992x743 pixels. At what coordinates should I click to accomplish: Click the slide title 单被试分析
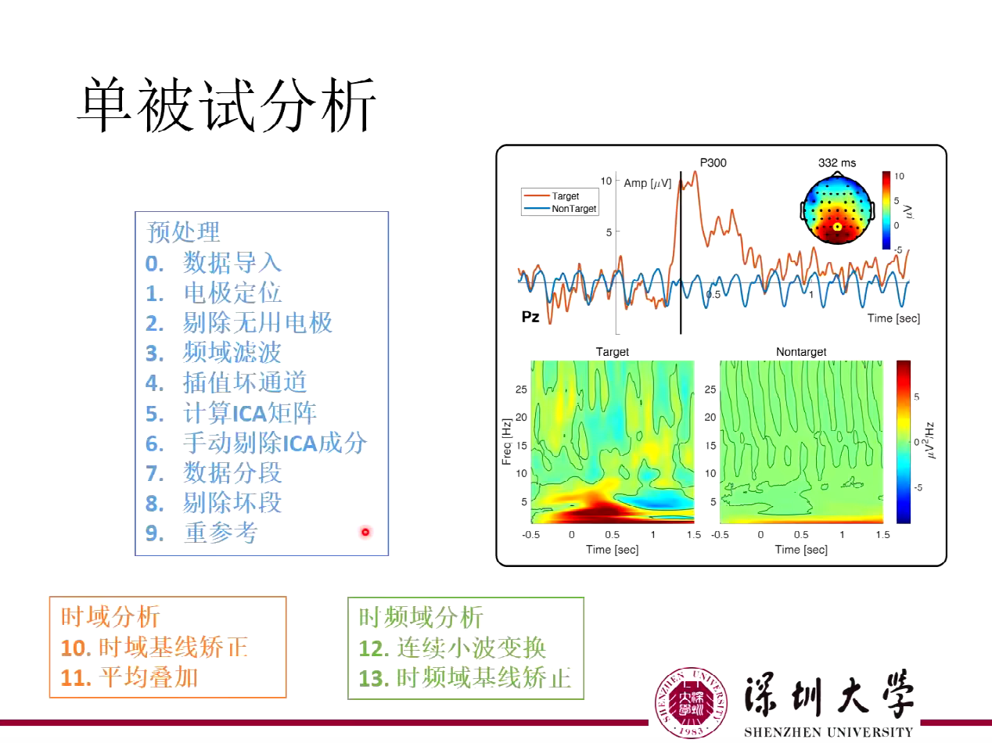click(227, 105)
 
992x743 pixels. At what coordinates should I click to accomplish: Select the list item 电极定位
click(232, 293)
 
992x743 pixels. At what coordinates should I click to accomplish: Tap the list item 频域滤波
click(232, 353)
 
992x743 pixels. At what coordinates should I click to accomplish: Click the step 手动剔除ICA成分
click(275, 443)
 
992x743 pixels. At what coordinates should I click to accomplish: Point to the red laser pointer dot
click(365, 533)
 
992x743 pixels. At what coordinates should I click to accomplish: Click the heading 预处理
click(184, 232)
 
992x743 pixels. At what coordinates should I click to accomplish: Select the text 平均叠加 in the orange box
click(149, 677)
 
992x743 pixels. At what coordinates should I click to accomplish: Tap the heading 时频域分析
click(421, 617)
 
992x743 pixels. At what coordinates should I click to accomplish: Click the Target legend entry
click(565, 196)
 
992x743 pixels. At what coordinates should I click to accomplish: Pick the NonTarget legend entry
click(573, 209)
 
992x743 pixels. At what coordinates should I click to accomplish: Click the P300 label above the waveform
click(713, 163)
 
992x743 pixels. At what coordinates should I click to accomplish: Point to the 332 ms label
click(837, 163)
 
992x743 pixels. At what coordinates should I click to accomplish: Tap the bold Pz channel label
click(530, 318)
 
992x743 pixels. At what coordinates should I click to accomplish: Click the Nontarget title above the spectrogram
click(801, 352)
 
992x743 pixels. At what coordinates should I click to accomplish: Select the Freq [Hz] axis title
click(506, 441)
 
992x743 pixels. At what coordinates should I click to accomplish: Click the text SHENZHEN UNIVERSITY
click(828, 733)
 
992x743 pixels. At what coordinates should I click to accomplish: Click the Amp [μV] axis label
click(647, 183)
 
